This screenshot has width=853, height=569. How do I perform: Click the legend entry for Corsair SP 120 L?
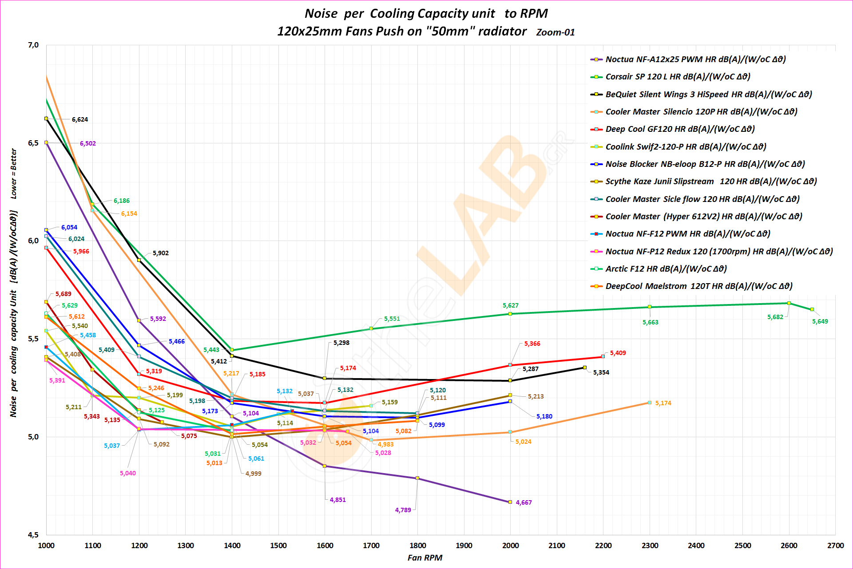point(678,77)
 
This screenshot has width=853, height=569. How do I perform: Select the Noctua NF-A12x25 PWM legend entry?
point(695,59)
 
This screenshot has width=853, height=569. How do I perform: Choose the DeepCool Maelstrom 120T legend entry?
point(699,286)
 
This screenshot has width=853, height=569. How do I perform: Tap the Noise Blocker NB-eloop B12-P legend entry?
point(705,164)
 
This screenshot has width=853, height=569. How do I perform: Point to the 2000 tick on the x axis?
point(510,545)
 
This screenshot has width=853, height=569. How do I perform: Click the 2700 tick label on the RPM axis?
point(835,545)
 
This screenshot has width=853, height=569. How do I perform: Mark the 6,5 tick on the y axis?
point(33,143)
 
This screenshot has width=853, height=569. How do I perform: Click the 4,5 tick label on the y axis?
point(33,535)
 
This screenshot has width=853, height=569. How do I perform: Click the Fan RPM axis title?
point(425,558)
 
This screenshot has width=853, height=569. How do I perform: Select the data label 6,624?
point(80,119)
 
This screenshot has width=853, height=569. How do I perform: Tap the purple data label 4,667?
point(524,502)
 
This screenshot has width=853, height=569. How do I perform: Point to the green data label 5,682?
point(775,317)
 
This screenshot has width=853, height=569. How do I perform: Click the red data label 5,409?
point(618,353)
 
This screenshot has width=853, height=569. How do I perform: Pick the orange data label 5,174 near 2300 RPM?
point(663,403)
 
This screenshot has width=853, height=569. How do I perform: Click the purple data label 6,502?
point(88,143)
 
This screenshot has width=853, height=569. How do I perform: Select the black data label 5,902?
point(161,253)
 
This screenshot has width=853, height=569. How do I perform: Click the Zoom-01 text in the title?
point(555,32)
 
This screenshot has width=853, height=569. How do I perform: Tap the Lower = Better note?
point(14,173)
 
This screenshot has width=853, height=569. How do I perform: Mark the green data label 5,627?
point(510,305)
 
